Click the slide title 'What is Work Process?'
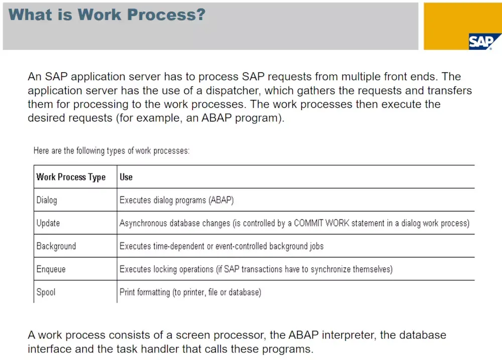click(x=107, y=14)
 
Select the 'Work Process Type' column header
click(x=71, y=177)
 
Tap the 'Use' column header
click(x=126, y=177)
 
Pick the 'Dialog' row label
click(x=47, y=200)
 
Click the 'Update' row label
click(x=48, y=223)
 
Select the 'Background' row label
click(x=56, y=246)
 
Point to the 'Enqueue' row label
click(x=51, y=269)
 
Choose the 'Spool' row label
click(x=46, y=292)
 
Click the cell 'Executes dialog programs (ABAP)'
click(x=177, y=200)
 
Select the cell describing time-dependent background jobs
click(x=221, y=246)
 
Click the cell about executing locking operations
click(x=256, y=269)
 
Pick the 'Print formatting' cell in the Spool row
click(x=190, y=292)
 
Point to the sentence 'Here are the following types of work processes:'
click(x=111, y=151)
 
